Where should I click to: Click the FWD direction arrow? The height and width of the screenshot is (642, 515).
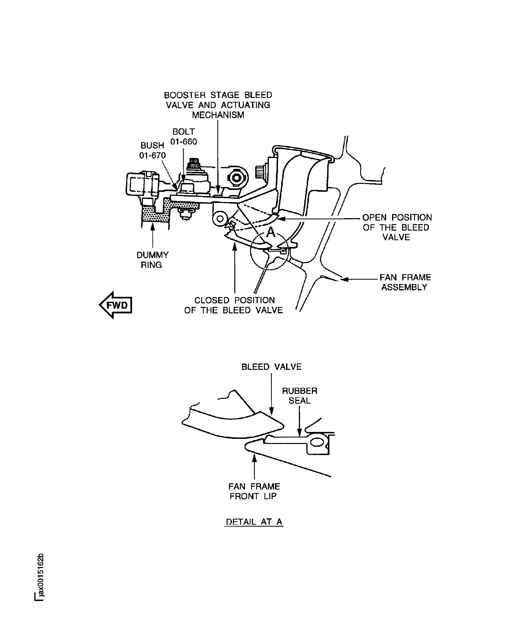(116, 305)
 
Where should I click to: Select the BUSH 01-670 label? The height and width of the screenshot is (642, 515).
(152, 150)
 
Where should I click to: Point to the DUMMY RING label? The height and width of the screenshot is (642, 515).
(152, 260)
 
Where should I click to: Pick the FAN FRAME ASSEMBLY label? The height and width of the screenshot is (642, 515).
(405, 282)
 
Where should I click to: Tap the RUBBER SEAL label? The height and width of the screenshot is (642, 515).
(299, 395)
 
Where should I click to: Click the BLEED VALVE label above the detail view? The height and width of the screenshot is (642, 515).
(271, 366)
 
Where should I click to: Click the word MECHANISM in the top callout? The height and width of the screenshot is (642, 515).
(218, 115)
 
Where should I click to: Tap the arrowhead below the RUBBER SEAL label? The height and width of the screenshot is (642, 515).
(299, 432)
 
